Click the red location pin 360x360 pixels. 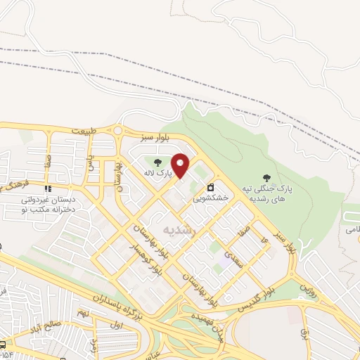181,165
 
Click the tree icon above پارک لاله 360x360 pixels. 157,162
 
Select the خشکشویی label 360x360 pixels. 211,199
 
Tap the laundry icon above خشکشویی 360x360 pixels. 210,188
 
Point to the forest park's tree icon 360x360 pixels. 266,178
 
